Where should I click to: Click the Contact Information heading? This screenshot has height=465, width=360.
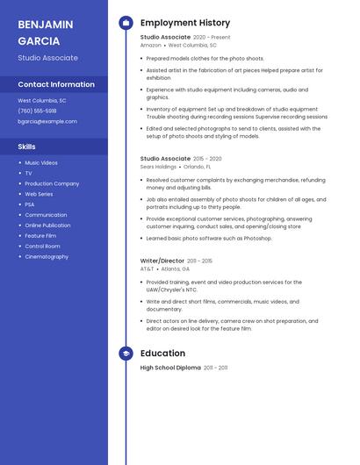(56, 84)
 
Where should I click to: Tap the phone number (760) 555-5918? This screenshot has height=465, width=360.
(37, 111)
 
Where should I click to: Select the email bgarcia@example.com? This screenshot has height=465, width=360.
(47, 121)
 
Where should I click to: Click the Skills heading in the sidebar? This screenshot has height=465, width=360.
(26, 147)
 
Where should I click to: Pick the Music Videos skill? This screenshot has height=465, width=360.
(41, 162)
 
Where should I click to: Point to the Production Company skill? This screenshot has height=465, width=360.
(52, 183)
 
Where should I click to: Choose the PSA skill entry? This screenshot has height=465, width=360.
(30, 204)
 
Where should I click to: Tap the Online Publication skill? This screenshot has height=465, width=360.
(47, 225)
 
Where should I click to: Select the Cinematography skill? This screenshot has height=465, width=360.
(47, 257)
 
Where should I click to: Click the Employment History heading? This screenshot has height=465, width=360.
(185, 23)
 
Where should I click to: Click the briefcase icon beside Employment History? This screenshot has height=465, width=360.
(126, 23)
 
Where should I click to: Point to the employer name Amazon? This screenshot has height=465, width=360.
(150, 45)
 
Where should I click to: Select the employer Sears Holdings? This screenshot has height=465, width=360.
(158, 166)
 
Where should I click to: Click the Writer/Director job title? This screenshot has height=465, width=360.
(162, 261)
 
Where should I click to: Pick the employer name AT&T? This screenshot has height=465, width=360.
(147, 268)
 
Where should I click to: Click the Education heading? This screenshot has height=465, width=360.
(162, 354)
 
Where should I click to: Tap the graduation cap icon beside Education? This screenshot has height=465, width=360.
(126, 354)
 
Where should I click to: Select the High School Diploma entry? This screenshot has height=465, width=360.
(170, 368)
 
